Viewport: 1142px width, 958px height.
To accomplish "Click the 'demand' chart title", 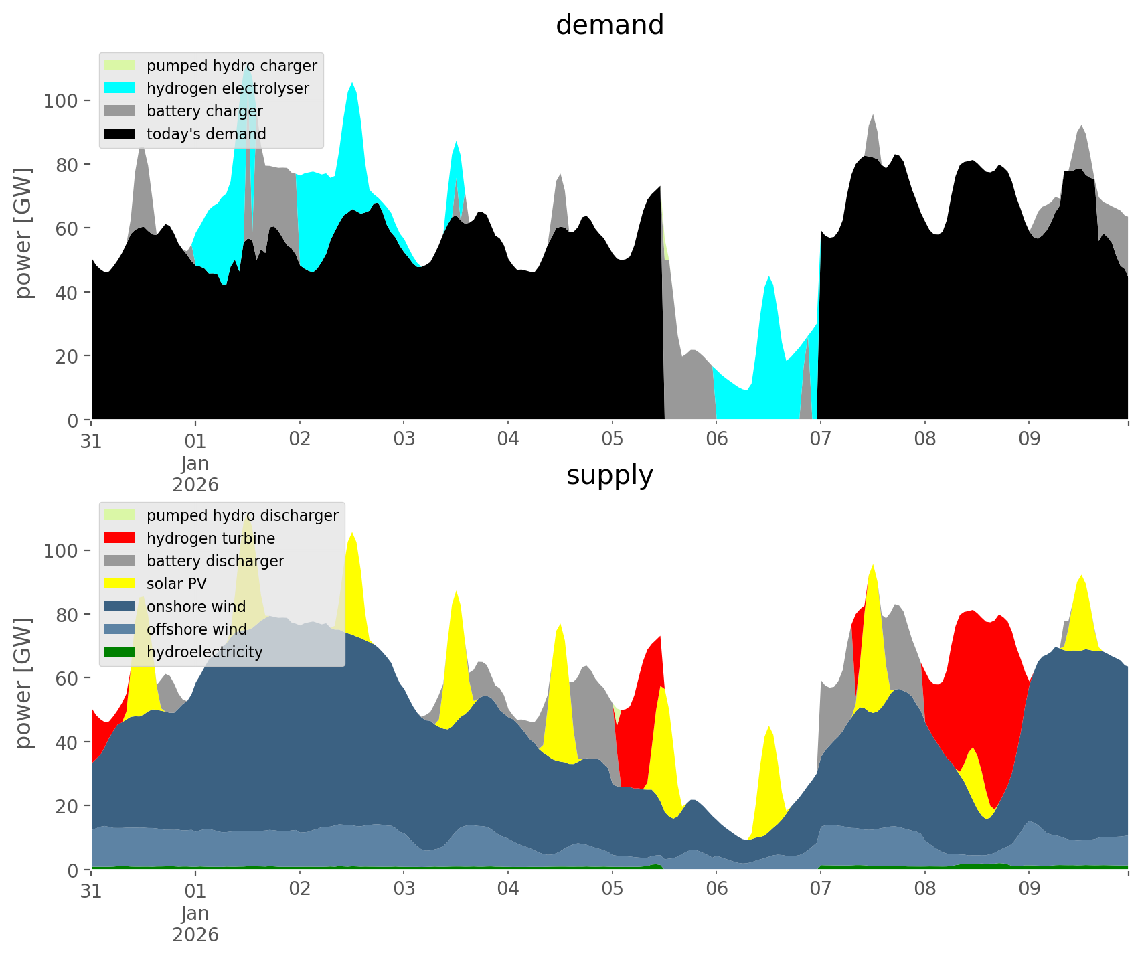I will point(609,25).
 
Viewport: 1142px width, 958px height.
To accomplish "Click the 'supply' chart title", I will point(609,475).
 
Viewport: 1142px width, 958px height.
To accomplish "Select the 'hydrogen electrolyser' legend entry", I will point(228,88).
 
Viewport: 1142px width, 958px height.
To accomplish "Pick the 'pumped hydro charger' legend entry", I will point(232,66).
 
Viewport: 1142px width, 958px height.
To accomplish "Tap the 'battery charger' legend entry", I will point(204,111).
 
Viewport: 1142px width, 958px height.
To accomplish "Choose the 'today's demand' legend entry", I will point(206,134).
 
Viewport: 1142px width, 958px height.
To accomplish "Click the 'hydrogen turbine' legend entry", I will point(211,538).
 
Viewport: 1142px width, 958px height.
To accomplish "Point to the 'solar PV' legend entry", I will point(177,584).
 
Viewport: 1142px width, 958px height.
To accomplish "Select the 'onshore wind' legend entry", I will point(196,607).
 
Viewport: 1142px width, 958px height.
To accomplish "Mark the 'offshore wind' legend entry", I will point(197,629).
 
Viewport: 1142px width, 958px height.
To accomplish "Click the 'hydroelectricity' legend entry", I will point(204,652).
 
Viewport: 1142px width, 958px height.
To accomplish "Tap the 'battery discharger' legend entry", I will point(216,561).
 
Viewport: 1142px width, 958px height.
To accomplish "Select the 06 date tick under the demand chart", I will point(716,439).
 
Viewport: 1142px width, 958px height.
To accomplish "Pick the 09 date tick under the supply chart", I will point(1029,889).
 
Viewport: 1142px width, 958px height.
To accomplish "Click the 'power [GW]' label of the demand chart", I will point(23,233).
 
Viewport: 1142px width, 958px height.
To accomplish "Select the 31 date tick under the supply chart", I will point(91,889).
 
